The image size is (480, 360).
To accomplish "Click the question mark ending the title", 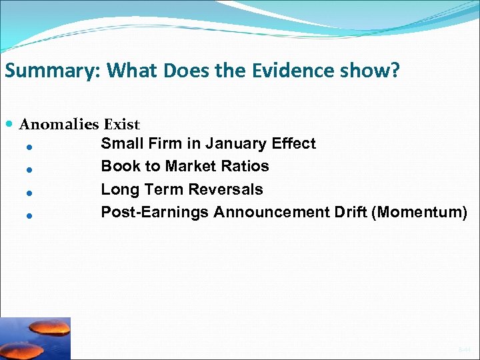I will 395,71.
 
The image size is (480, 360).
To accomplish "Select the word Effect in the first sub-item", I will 295,143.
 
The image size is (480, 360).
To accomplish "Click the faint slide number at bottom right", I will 463,349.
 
